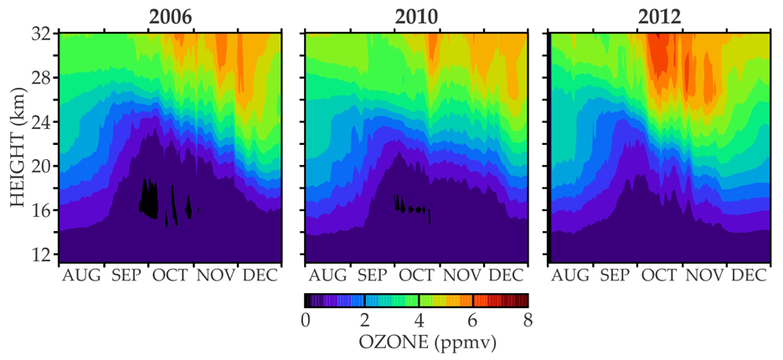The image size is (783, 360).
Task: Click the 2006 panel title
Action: [169, 17]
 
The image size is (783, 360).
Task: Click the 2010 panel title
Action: [415, 17]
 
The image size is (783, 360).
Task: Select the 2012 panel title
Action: [661, 17]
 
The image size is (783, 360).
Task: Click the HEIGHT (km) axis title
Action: [17, 144]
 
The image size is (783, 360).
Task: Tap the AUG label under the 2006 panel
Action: [82, 276]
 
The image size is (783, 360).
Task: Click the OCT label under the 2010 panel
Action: [417, 276]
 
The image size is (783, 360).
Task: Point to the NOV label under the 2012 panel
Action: [705, 276]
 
